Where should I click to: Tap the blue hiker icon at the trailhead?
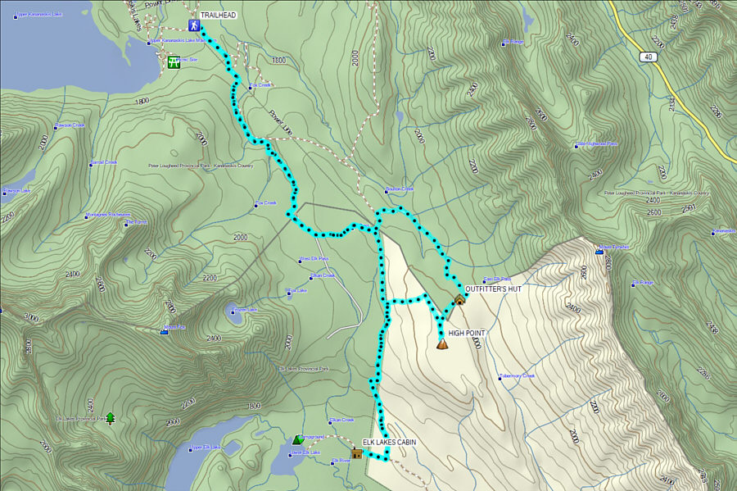(194, 25)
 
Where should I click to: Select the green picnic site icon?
(174, 62)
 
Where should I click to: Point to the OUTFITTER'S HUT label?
(493, 289)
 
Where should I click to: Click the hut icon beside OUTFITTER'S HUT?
(459, 299)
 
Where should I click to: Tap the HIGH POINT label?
(467, 333)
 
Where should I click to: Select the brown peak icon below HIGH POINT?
(443, 344)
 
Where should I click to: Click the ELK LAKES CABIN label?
(389, 442)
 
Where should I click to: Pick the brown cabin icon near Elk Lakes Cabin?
(356, 452)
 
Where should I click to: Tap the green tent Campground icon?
(297, 440)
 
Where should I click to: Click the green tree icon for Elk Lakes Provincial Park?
(110, 418)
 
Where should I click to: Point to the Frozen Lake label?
(245, 309)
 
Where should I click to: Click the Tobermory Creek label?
(518, 377)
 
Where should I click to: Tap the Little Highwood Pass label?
(598, 144)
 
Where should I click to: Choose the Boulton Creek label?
(400, 189)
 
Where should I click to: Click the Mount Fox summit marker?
(165, 333)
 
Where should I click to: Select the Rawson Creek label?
(70, 125)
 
